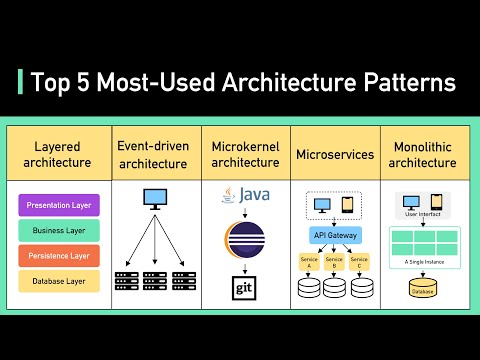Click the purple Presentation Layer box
tap(59, 206)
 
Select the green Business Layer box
tap(59, 231)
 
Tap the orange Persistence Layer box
tap(59, 256)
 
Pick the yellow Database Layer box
tap(59, 281)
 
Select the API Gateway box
tap(335, 236)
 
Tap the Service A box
tap(309, 263)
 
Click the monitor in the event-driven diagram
tap(156, 199)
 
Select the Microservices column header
tap(335, 155)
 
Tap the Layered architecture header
tap(56, 154)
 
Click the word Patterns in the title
tap(403, 81)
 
